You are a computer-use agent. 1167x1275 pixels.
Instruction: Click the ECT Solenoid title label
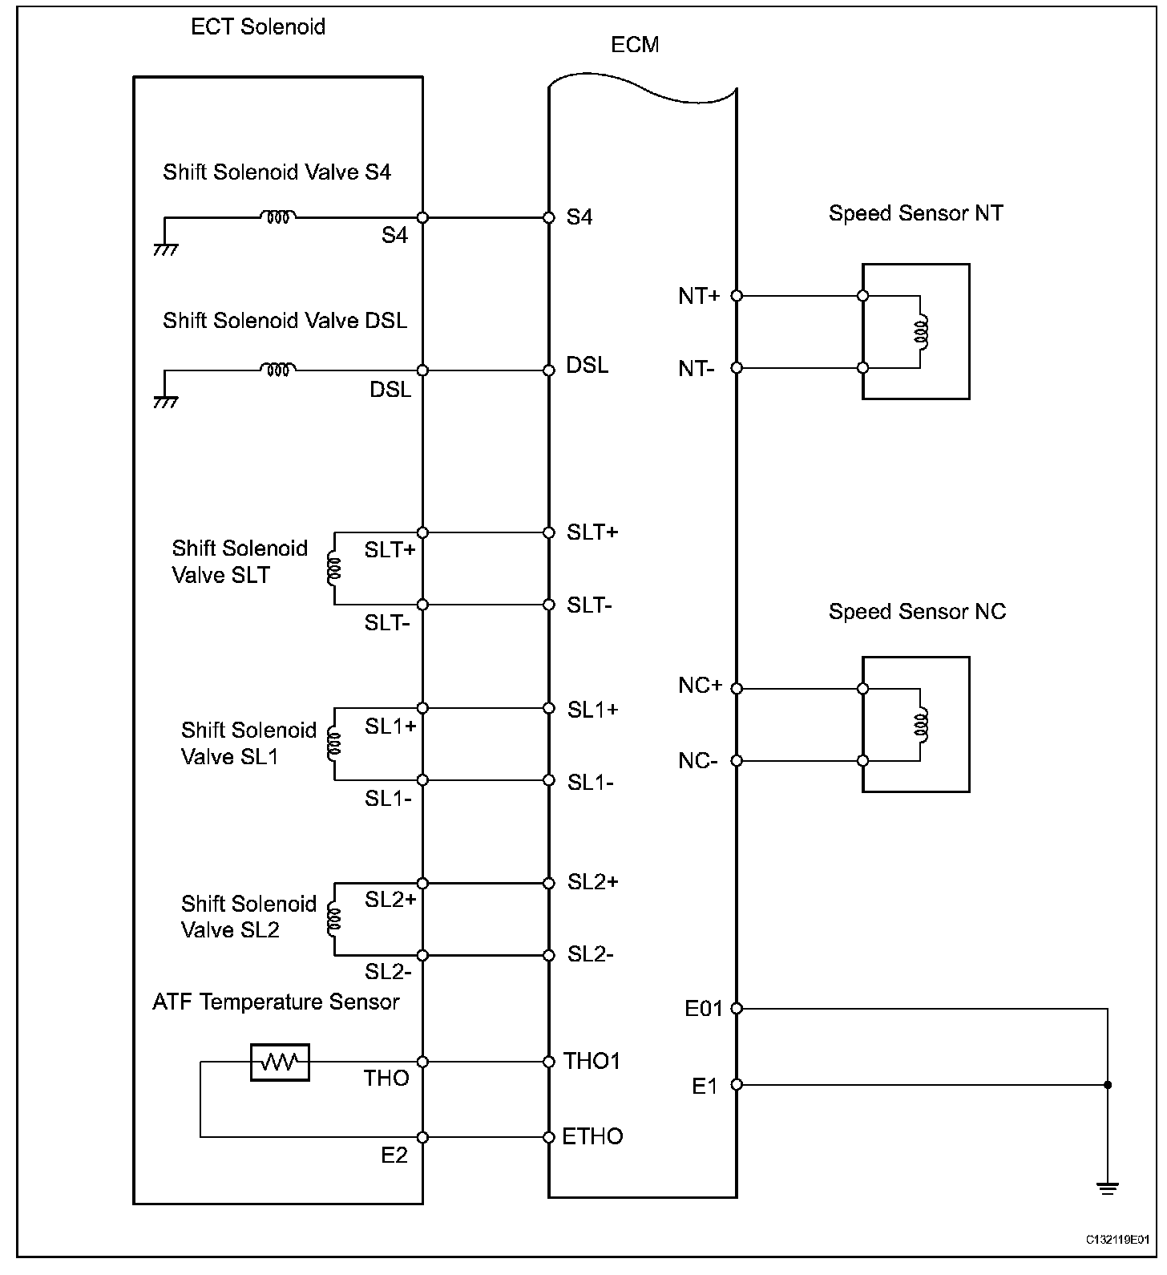(257, 26)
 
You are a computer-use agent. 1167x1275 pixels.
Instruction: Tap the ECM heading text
(635, 45)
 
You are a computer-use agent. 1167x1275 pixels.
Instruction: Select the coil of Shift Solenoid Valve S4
(277, 216)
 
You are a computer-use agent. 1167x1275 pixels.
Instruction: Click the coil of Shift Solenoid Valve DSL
(277, 369)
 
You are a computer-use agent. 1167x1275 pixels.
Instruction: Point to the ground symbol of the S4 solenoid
(165, 249)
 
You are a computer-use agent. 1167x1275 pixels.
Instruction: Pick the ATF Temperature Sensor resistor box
(279, 1062)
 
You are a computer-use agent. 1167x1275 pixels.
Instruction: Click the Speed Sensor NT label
(915, 213)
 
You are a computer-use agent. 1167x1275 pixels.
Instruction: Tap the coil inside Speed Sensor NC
(923, 724)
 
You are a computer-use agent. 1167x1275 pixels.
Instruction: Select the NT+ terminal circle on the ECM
(737, 296)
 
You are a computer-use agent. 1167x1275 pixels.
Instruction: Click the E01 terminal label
(704, 1009)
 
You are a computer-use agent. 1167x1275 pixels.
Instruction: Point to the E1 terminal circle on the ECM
(737, 1085)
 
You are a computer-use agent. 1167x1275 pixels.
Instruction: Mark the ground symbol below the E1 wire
(1108, 1188)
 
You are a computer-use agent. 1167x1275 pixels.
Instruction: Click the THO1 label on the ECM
(592, 1061)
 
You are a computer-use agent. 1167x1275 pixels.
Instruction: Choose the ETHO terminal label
(592, 1136)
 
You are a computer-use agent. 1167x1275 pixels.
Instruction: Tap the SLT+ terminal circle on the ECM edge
(549, 532)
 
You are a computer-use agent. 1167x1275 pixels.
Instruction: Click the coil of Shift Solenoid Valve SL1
(333, 745)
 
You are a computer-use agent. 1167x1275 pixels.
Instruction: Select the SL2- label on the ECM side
(591, 954)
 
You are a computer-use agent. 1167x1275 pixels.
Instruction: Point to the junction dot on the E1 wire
(1108, 1085)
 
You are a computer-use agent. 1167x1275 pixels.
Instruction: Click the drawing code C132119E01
(1121, 1261)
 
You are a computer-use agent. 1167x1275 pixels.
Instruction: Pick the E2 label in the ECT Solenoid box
(394, 1155)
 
